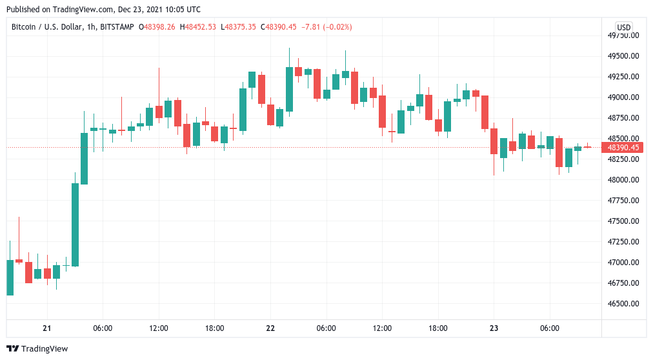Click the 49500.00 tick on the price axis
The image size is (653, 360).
pyautogui.click(x=623, y=56)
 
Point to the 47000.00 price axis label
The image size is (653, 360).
pyautogui.click(x=623, y=263)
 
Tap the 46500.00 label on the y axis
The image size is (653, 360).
pyautogui.click(x=623, y=304)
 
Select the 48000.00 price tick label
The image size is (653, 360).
pyautogui.click(x=623, y=180)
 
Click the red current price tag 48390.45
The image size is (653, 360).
pyautogui.click(x=623, y=148)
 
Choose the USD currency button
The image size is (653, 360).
pyautogui.click(x=623, y=27)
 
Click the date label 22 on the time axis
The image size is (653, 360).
pyautogui.click(x=270, y=328)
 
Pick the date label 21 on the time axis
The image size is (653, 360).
pyautogui.click(x=46, y=328)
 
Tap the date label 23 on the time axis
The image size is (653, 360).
pyautogui.click(x=494, y=328)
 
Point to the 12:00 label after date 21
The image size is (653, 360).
pyautogui.click(x=159, y=328)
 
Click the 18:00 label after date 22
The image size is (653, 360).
pyautogui.click(x=438, y=328)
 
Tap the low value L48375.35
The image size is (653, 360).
pyautogui.click(x=238, y=27)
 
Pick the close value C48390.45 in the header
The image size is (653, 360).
pyautogui.click(x=278, y=27)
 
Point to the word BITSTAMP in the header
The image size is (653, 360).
pyautogui.click(x=117, y=27)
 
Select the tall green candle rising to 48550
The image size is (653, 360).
pyautogui.click(x=84, y=158)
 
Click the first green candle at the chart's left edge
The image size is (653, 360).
pyautogui.click(x=10, y=277)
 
